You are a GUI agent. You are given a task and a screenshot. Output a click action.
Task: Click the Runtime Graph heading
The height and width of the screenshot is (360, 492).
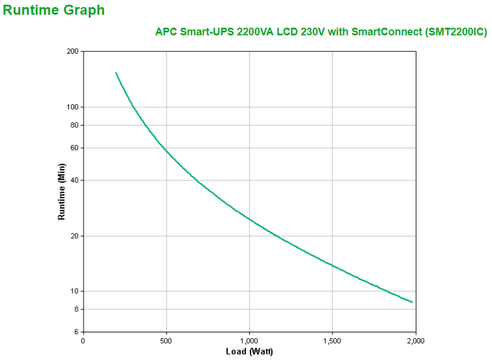54,10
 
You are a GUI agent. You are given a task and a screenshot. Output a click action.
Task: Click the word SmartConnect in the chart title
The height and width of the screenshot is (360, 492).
386,32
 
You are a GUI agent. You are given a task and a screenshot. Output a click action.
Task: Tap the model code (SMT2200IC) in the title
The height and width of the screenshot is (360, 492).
455,32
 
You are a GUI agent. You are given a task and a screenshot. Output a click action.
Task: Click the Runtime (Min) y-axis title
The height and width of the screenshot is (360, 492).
61,191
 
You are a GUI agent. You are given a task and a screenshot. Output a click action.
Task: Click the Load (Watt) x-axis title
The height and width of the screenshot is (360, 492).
249,352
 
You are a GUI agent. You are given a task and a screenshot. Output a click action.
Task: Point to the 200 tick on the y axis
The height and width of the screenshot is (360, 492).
72,51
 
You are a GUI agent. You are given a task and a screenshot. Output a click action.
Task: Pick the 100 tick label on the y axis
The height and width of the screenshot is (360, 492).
72,107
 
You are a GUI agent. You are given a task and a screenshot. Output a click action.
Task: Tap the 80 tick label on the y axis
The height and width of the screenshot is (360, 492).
74,125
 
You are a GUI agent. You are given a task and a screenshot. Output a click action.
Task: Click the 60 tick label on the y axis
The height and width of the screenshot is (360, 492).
74,148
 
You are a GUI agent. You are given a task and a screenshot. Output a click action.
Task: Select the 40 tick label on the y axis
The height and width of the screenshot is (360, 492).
74,180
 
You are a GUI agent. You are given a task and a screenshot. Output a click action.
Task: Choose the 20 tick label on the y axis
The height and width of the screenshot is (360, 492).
74,236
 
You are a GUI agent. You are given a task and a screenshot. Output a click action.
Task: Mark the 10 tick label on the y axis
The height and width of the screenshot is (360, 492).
74,291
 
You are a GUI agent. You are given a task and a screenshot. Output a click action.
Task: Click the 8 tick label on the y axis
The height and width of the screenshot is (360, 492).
76,309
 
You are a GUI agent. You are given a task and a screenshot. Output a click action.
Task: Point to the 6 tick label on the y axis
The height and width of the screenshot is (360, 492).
76,332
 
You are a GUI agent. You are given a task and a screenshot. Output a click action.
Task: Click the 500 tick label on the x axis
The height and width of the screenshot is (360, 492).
167,341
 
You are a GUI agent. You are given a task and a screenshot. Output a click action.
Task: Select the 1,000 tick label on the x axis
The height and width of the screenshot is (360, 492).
249,341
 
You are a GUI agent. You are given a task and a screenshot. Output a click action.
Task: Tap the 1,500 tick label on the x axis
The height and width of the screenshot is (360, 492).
332,341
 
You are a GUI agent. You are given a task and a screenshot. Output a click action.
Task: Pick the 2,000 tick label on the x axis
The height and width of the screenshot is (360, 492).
415,341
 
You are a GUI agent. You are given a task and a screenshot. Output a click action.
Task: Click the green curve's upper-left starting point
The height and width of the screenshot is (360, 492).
116,73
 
